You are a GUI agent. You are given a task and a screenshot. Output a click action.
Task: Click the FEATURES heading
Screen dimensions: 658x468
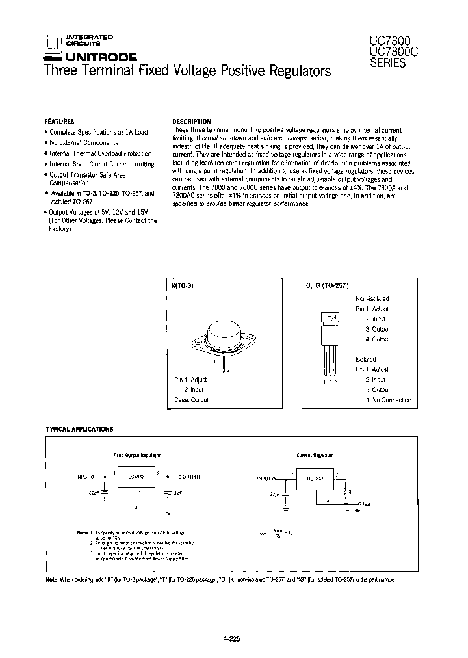(59, 122)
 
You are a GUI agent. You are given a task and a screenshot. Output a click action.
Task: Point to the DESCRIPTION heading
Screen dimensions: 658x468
(191, 122)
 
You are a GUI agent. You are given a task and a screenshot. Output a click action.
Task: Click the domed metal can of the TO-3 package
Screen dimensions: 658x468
(223, 334)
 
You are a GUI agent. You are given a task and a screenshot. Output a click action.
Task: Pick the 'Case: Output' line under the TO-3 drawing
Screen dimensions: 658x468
(191, 400)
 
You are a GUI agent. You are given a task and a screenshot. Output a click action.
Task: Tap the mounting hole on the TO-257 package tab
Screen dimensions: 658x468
(330, 319)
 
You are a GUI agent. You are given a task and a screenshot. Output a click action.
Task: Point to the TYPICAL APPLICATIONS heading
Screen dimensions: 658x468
(79, 429)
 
